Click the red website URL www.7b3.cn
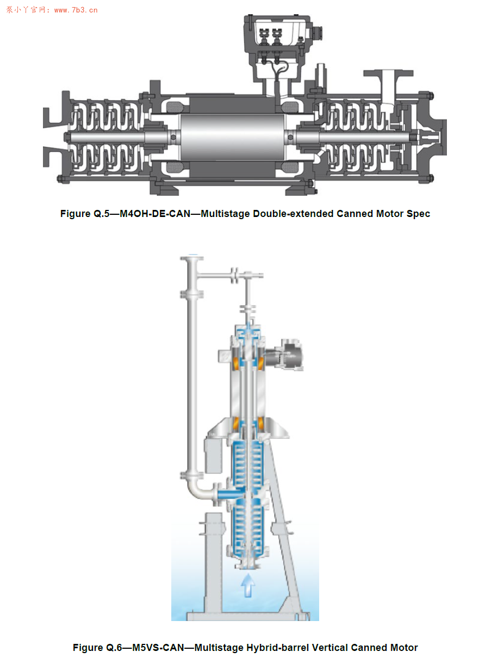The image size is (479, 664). click(x=76, y=10)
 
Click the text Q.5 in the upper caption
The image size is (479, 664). click(x=102, y=214)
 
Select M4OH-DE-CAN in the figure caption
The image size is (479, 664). click(x=155, y=214)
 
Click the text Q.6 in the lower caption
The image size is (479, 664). click(x=114, y=647)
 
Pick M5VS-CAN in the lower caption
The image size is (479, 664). click(x=158, y=647)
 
